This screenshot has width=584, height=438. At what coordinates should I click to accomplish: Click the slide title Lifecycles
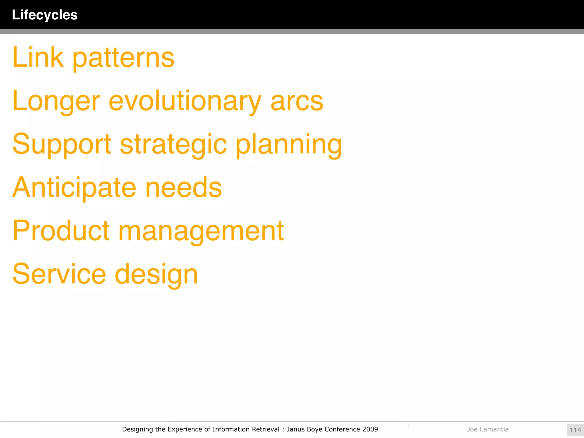point(45,15)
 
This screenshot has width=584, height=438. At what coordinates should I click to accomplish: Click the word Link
point(38,58)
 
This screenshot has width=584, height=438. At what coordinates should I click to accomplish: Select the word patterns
point(123,58)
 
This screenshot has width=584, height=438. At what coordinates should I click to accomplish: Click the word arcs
point(297,102)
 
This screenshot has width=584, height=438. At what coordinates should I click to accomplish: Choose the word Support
point(62,145)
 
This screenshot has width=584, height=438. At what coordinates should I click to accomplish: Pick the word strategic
point(173,145)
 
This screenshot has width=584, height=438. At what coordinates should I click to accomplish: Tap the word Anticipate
point(74,188)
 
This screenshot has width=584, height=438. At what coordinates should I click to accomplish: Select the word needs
point(184,188)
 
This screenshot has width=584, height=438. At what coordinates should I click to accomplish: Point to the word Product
point(61,231)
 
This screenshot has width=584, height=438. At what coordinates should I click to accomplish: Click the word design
point(156,275)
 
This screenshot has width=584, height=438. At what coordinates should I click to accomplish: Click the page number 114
point(575,430)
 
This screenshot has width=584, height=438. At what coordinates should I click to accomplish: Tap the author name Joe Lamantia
point(488,429)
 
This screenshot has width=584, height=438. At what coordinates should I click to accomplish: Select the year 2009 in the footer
point(370,429)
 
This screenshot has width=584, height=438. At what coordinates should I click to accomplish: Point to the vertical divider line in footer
point(409,429)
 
